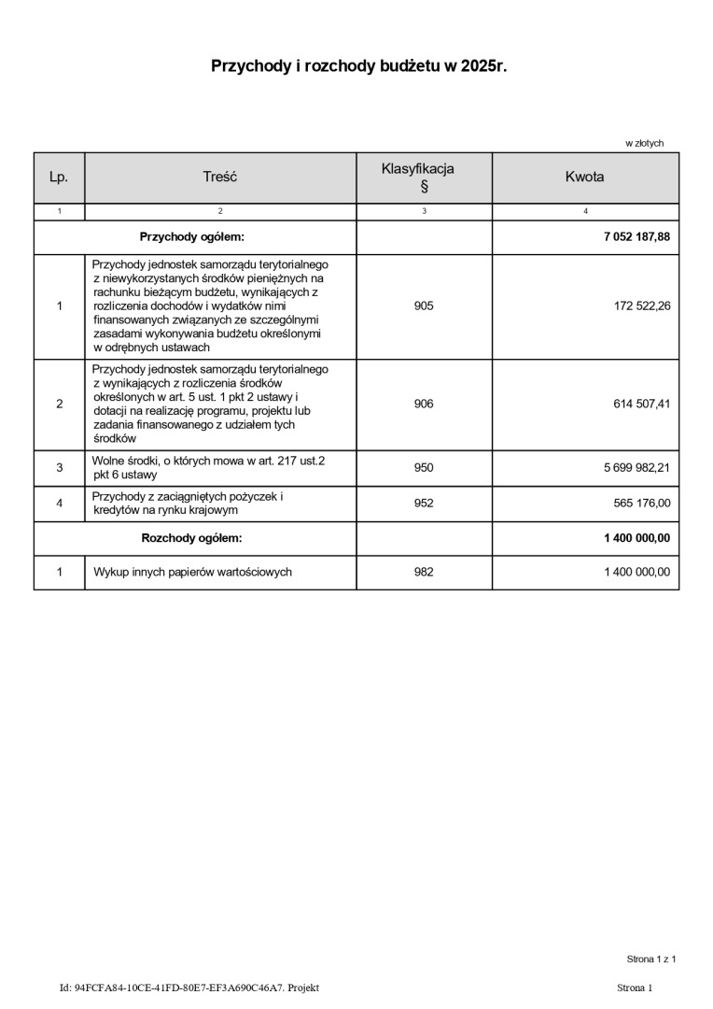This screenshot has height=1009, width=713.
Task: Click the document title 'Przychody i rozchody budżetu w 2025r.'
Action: pyautogui.click(x=358, y=66)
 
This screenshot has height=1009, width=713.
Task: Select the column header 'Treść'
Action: pyautogui.click(x=220, y=177)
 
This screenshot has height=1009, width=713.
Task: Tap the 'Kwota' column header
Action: pyautogui.click(x=584, y=177)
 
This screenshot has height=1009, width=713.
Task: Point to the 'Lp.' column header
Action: pyautogui.click(x=59, y=177)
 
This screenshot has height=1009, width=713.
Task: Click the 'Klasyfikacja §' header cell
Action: pyautogui.click(x=424, y=177)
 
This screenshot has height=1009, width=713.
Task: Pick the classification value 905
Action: pyautogui.click(x=424, y=306)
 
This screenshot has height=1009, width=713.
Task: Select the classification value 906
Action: pyautogui.click(x=424, y=404)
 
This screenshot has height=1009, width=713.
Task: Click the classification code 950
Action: pyautogui.click(x=424, y=468)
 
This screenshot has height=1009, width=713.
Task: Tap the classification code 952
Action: pyautogui.click(x=424, y=504)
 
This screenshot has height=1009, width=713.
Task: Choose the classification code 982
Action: pyautogui.click(x=424, y=572)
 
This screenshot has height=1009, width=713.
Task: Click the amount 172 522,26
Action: pyautogui.click(x=642, y=306)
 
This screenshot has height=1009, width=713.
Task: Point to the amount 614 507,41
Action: pyautogui.click(x=642, y=404)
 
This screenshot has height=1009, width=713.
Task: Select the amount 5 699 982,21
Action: pyautogui.click(x=636, y=468)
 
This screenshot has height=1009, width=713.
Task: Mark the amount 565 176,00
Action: pyautogui.click(x=642, y=504)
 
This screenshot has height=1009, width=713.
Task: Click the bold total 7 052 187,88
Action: pyautogui.click(x=636, y=237)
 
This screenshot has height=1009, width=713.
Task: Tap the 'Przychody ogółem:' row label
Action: pyautogui.click(x=191, y=237)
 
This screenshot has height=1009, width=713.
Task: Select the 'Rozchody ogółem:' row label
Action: pyautogui.click(x=191, y=538)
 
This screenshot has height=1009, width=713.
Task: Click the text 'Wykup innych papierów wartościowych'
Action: pyautogui.click(x=192, y=572)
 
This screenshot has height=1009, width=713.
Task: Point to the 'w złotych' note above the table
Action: pyautogui.click(x=644, y=143)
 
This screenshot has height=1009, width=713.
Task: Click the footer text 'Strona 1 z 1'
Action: pyautogui.click(x=650, y=959)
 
